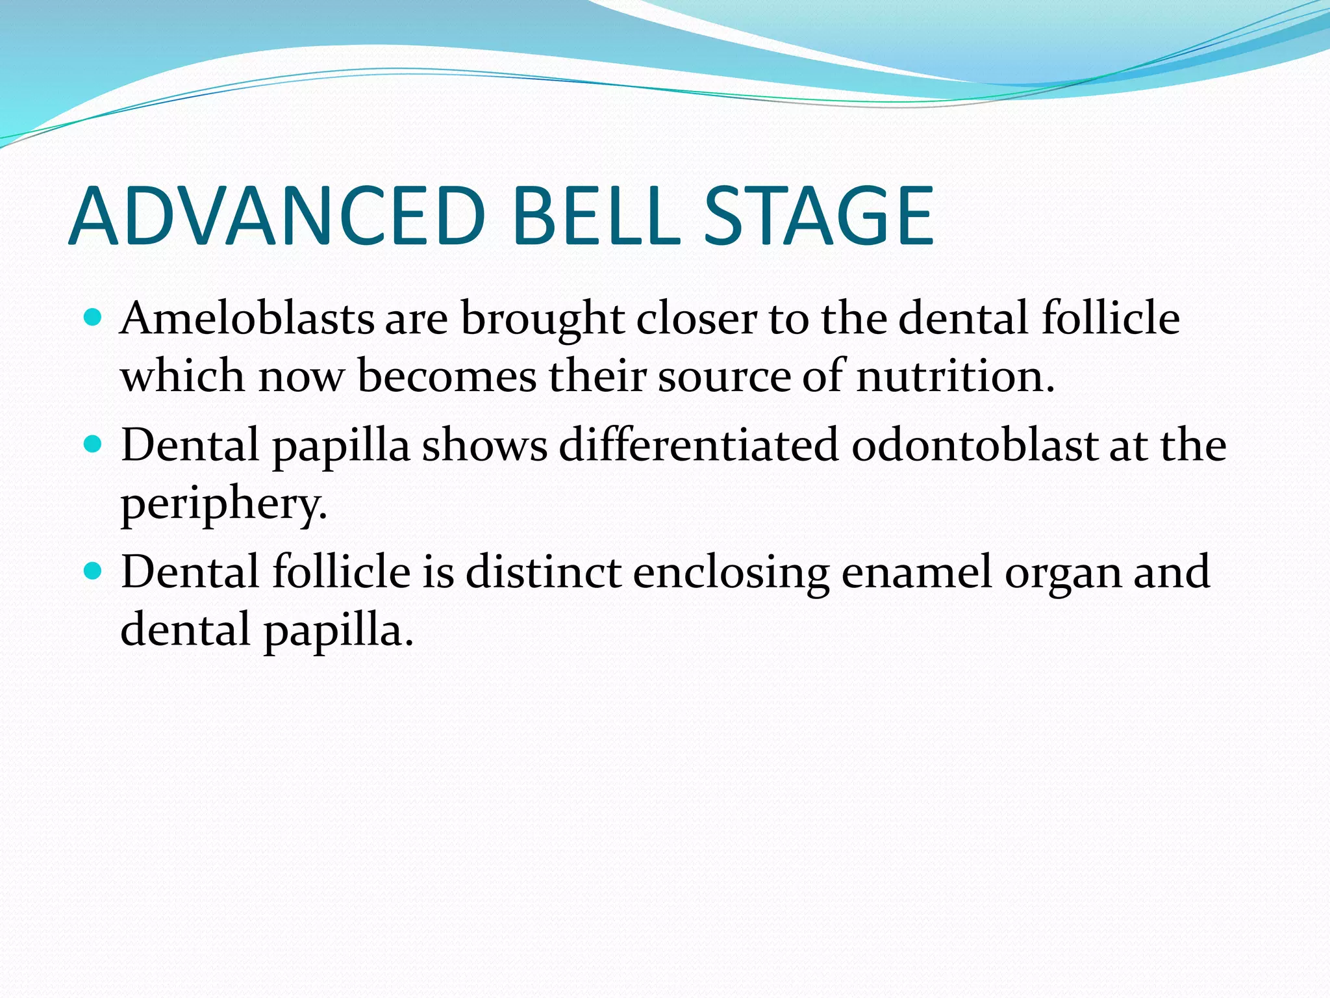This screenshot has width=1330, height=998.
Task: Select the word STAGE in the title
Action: point(820,216)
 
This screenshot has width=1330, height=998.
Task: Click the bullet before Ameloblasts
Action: point(94,318)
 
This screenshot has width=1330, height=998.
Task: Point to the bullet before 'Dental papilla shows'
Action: point(94,444)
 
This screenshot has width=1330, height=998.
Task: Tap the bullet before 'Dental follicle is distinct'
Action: point(94,571)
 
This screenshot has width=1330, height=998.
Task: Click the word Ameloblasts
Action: point(247,319)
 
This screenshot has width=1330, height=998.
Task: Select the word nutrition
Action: point(955,376)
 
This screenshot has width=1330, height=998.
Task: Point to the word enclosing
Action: point(731,574)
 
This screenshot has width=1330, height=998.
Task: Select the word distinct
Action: point(544,572)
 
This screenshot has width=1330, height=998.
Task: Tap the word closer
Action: point(697,319)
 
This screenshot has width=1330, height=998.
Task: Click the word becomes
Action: point(447,376)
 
